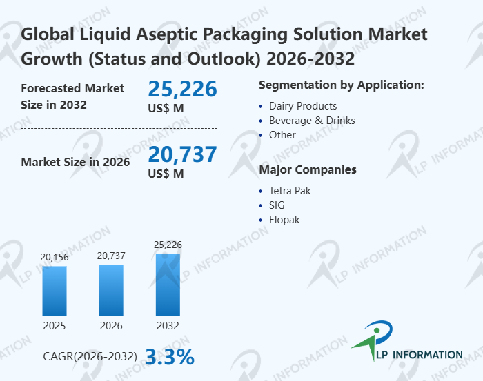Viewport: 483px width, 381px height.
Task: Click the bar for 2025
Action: click(x=55, y=291)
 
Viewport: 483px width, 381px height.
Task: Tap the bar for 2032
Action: click(x=168, y=285)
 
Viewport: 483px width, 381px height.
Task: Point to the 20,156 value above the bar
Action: click(x=55, y=258)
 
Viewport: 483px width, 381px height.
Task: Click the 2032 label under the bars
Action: click(x=168, y=325)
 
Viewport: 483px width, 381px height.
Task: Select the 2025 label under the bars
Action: click(x=55, y=325)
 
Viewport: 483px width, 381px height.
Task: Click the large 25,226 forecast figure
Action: click(x=182, y=89)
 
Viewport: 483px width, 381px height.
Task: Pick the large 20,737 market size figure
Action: click(x=182, y=154)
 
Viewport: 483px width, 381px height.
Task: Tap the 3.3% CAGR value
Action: click(x=169, y=357)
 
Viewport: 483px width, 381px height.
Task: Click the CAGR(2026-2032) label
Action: click(x=90, y=357)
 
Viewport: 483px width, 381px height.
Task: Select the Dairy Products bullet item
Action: click(x=302, y=106)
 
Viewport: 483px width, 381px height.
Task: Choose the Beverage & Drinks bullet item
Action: click(x=312, y=121)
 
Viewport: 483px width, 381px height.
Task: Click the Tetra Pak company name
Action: click(x=290, y=191)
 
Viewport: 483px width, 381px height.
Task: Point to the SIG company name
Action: click(x=277, y=205)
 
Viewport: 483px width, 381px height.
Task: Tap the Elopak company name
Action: click(x=284, y=220)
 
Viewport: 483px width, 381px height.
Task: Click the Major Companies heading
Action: click(x=308, y=169)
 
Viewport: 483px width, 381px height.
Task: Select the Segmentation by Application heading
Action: click(x=341, y=85)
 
